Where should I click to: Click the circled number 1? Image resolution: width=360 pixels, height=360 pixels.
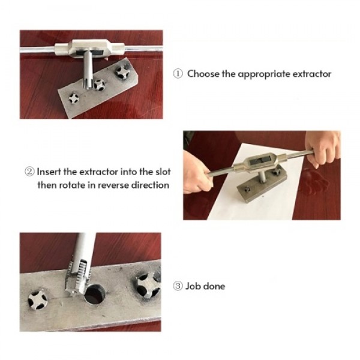(x=178, y=74)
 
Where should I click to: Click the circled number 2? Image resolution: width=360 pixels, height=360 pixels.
(x=29, y=172)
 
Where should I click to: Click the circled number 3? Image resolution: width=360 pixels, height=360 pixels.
(x=178, y=286)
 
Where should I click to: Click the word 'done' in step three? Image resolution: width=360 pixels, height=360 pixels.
(x=214, y=286)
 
